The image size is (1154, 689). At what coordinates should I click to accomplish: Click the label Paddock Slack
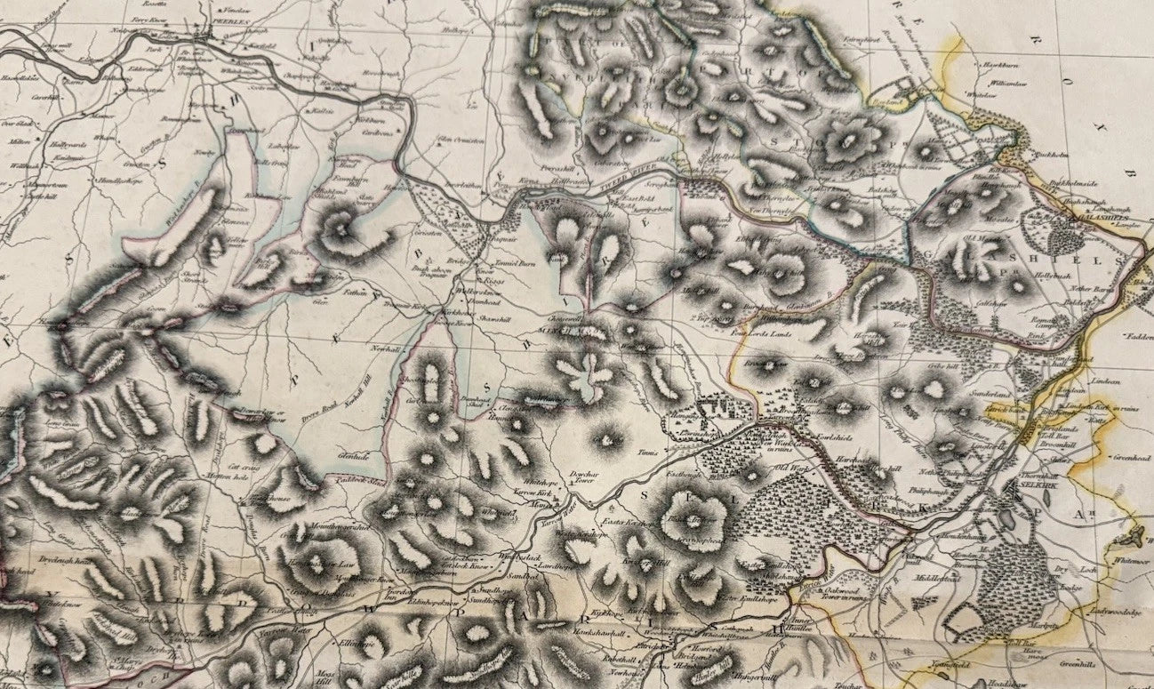[x=349, y=480]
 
